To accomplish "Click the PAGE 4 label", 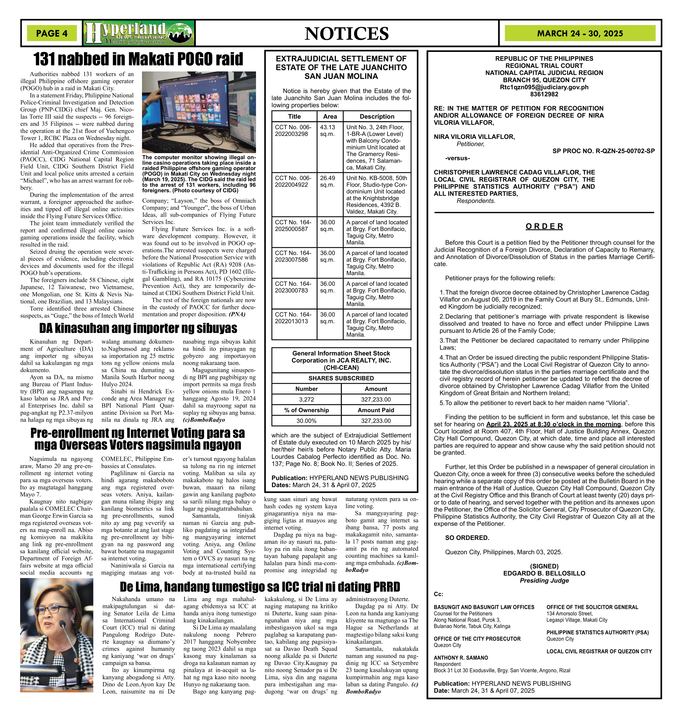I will point(52,34).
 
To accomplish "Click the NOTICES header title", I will point(346,34).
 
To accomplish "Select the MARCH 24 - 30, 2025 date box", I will point(580,34).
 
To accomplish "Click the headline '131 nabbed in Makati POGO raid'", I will point(138,59).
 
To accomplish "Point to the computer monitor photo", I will point(199,112).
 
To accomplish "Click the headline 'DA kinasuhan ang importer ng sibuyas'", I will point(138,328).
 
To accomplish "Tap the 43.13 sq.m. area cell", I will point(328,131).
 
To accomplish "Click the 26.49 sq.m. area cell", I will point(328,181).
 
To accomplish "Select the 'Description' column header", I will point(377,116).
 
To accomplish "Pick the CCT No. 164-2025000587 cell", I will point(294,225).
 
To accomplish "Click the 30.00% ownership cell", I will point(306,421).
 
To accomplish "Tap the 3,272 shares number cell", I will point(306,399).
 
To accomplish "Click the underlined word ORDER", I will point(544,227).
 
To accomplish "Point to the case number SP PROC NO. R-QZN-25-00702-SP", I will point(604,151).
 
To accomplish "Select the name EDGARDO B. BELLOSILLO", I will point(544,573).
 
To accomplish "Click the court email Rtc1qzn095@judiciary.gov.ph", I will point(544,87).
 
